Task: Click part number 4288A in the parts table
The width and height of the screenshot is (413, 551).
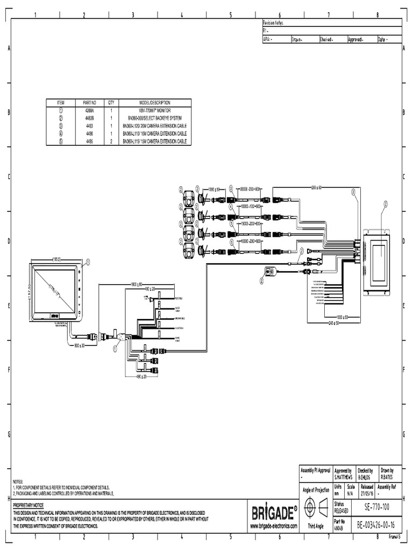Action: coord(89,109)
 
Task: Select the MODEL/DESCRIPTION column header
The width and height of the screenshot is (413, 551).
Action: coord(154,102)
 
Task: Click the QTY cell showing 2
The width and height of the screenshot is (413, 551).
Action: coord(111,141)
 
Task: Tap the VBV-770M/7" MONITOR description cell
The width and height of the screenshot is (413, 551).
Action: coord(154,109)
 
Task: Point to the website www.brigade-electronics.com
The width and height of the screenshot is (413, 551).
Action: coord(274,525)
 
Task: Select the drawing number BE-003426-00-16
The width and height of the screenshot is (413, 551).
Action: coord(375,524)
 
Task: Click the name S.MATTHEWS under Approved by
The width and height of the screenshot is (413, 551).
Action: coord(343,477)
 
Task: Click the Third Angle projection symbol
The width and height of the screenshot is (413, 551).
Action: coord(315,508)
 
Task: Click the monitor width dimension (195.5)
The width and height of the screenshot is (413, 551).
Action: coord(56,259)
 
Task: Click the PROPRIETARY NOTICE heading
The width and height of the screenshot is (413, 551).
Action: coord(30,506)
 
